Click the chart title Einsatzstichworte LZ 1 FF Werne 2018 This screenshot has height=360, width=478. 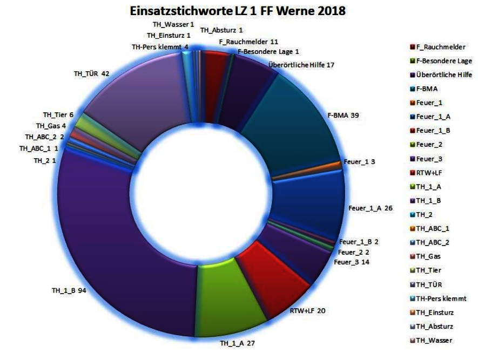[238, 11]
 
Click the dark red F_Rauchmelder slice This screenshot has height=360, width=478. [215, 85]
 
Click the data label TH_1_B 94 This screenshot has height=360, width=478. [69, 290]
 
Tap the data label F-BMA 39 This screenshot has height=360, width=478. [343, 116]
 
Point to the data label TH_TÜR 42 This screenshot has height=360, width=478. [91, 74]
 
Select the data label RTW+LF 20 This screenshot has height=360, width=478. [307, 311]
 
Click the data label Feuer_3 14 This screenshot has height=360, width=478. [352, 262]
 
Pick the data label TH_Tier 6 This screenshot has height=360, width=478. [58, 115]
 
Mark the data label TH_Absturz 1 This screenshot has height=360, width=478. [221, 30]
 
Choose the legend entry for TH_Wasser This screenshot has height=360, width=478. [431, 340]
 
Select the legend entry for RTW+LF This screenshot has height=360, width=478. [426, 173]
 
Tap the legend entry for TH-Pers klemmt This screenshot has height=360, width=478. [438, 298]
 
